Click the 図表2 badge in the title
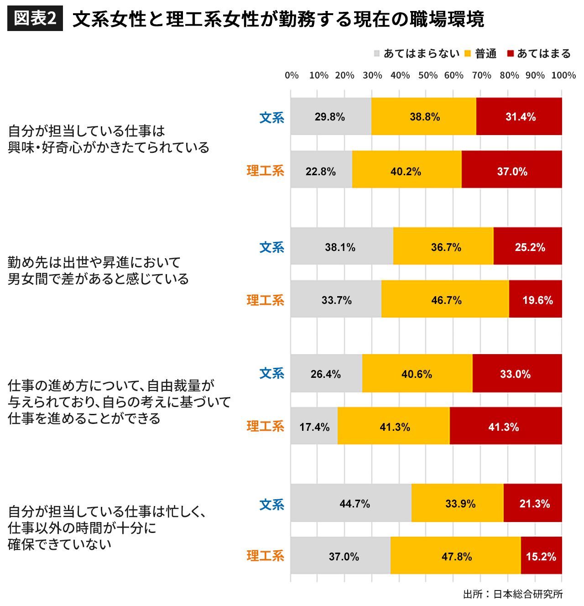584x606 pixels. pos(35,19)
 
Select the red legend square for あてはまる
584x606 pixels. pos(511,54)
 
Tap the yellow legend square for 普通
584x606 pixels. pos(467,54)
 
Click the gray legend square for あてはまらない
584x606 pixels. pos(376,54)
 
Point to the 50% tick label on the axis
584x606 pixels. pos(428,75)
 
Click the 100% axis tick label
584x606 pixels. pos(563,75)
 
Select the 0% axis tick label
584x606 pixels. pos(292,75)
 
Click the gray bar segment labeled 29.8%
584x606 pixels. pos(330,116)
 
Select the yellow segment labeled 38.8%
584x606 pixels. pos(424,116)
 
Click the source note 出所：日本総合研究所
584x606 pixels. pos(513,594)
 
